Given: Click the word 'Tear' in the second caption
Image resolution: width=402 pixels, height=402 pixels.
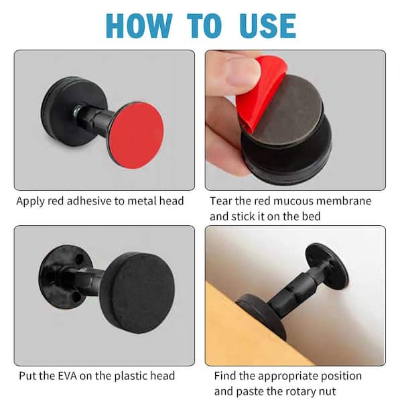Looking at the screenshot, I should point(221,200).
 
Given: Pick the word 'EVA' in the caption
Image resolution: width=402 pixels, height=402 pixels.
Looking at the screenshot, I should point(68,376).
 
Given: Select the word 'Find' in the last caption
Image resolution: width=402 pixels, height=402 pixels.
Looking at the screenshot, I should point(226,376).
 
